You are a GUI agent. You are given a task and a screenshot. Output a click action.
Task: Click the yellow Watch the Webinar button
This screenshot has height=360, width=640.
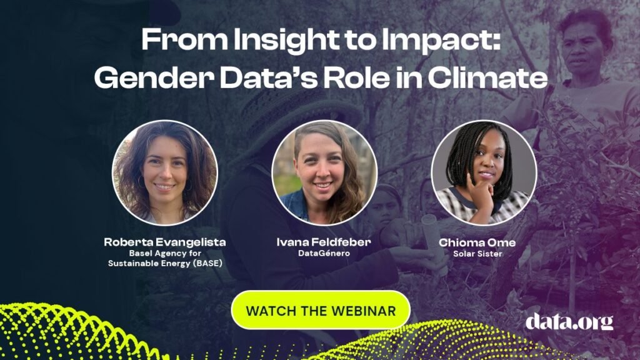pyautogui.click(x=321, y=310)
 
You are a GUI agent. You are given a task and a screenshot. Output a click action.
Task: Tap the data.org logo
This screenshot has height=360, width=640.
pyautogui.click(x=569, y=322)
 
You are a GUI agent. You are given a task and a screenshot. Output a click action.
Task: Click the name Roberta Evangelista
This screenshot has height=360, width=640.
pyautogui.click(x=165, y=242)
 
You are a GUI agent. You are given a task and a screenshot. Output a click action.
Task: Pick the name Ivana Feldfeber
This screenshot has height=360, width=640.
pyautogui.click(x=324, y=242)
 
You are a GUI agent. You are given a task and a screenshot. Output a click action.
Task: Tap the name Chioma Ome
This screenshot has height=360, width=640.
pyautogui.click(x=477, y=242)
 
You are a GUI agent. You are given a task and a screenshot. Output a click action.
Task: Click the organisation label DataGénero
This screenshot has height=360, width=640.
pyautogui.click(x=324, y=253)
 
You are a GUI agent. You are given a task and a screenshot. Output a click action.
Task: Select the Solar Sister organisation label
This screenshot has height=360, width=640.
pyautogui.click(x=477, y=254)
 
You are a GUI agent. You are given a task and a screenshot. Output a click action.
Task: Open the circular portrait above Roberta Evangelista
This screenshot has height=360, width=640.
pyautogui.click(x=165, y=172)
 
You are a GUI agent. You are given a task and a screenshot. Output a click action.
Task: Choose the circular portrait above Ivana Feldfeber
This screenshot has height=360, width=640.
pyautogui.click(x=324, y=172)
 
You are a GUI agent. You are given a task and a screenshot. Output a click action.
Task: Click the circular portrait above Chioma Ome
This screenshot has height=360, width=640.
pyautogui.click(x=484, y=172)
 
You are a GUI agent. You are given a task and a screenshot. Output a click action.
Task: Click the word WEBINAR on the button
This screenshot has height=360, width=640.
pyautogui.click(x=363, y=311)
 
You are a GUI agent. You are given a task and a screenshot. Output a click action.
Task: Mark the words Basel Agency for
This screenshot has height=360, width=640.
pyautogui.click(x=165, y=253)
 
